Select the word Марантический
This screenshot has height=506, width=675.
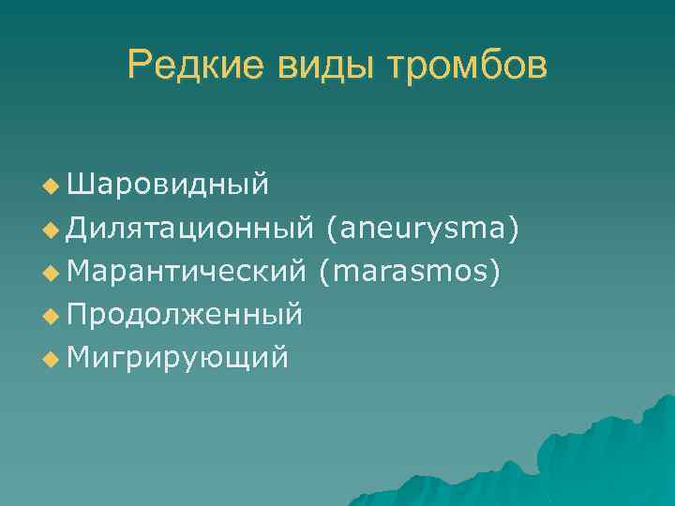pyautogui.click(x=187, y=272)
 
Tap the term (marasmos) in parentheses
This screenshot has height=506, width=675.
pyautogui.click(x=410, y=272)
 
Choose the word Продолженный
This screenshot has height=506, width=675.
pyautogui.click(x=185, y=315)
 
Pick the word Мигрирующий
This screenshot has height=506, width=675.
pyautogui.click(x=177, y=357)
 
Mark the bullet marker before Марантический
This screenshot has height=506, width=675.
pyautogui.click(x=50, y=273)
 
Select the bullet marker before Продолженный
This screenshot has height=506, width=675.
pyautogui.click(x=50, y=316)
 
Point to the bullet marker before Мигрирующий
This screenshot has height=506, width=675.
pyautogui.click(x=50, y=358)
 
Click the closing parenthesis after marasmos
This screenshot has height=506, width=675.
pyautogui.click(x=495, y=273)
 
